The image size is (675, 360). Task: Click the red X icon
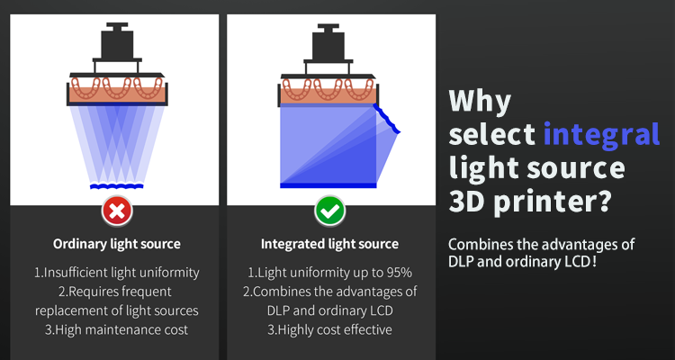tap(117, 211)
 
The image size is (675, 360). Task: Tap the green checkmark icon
tap(329, 211)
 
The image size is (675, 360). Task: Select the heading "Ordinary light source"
tap(117, 244)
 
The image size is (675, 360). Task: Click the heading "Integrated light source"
tap(329, 244)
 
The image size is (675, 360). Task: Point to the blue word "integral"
tap(602, 134)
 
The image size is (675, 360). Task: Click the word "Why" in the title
tap(480, 102)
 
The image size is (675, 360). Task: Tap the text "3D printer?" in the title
tap(529, 200)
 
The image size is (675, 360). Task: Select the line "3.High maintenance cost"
tap(117, 330)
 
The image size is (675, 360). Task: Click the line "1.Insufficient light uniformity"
tap(117, 273)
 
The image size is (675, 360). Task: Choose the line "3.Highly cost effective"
tap(329, 330)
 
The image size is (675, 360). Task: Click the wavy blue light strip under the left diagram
tap(117, 186)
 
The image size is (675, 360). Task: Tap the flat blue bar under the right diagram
tap(328, 185)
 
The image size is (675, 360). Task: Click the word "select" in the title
tap(492, 134)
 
